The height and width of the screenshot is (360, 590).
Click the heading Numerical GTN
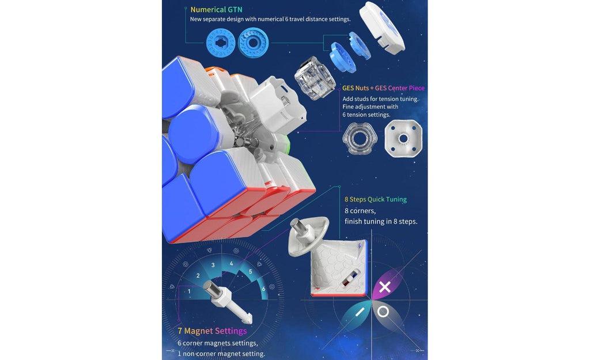tap(216, 9)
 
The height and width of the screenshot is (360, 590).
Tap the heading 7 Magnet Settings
tap(212, 331)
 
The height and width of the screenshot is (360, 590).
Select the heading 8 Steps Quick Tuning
tap(375, 199)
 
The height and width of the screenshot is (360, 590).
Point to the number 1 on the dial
tap(189, 291)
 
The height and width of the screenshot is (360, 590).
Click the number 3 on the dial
tap(213, 265)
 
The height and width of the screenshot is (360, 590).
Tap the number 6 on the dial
tap(263, 288)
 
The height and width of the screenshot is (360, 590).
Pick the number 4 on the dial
tap(232, 263)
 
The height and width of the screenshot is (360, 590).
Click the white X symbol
tap(384, 287)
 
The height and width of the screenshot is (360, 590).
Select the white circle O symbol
tap(383, 312)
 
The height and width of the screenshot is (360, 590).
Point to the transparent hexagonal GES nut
tap(358, 138)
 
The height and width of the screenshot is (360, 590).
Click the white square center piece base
tap(403, 138)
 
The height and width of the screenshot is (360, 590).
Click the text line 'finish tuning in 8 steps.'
tap(380, 222)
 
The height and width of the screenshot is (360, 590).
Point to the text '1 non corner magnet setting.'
tap(221, 354)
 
